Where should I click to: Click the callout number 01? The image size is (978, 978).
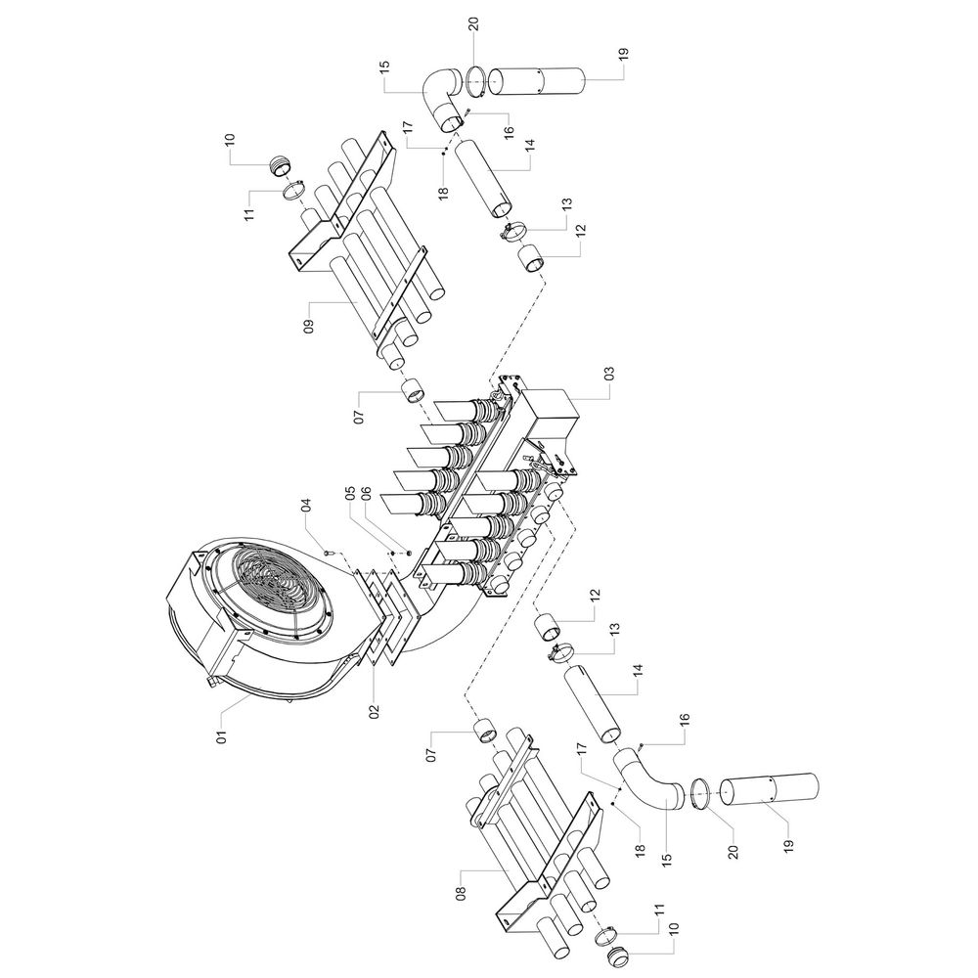tap(222, 731)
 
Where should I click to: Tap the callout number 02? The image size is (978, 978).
tap(375, 712)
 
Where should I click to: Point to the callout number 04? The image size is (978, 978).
tap(307, 504)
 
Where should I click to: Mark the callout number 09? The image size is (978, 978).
tap(309, 327)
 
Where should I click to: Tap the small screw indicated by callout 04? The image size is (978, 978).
tap(327, 552)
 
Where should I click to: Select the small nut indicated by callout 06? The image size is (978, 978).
tap(409, 552)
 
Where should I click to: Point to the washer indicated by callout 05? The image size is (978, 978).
tap(392, 552)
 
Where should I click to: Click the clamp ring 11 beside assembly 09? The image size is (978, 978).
tap(292, 189)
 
